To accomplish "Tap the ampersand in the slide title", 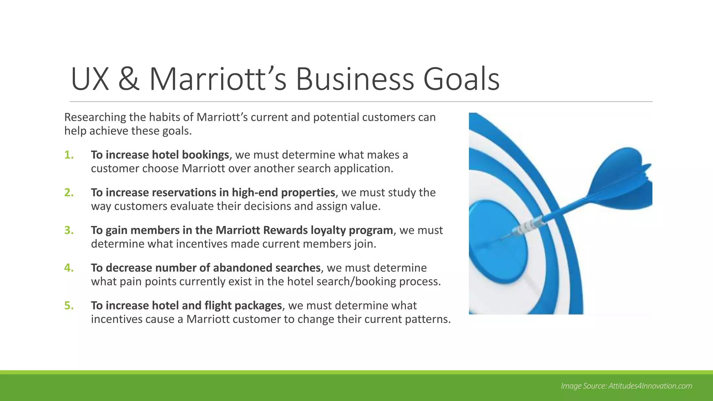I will pyautogui.click(x=129, y=79).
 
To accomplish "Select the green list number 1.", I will pyautogui.click(x=69, y=155).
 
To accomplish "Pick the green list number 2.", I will pyautogui.click(x=69, y=192).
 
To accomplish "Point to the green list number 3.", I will pyautogui.click(x=69, y=230).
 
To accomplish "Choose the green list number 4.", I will pyautogui.click(x=69, y=268).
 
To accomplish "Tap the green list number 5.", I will pyautogui.click(x=69, y=306).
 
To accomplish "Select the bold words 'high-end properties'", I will pyautogui.click(x=283, y=192).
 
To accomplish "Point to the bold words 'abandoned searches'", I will pyautogui.click(x=267, y=268).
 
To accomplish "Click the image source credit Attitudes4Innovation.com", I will pyautogui.click(x=650, y=386).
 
